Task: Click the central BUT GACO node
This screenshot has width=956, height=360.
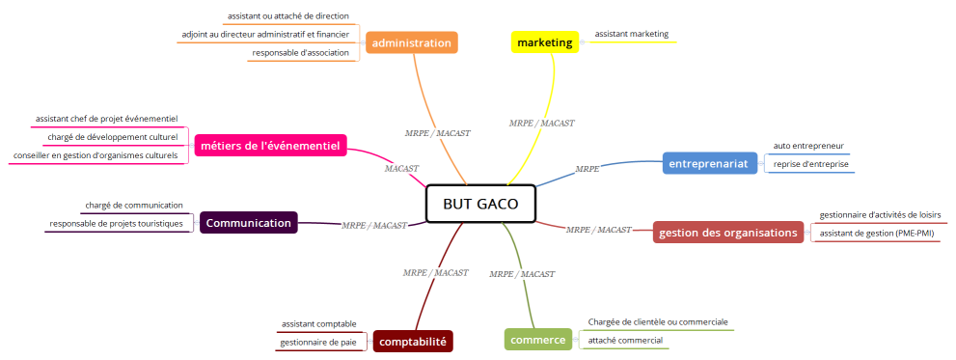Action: (479, 204)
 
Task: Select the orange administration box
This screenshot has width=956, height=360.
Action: (411, 42)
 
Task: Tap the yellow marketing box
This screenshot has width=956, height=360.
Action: (544, 42)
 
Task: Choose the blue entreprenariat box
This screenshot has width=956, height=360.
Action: (709, 163)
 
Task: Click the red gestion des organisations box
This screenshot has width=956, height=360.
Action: (728, 233)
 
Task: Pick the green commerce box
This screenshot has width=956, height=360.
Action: (537, 340)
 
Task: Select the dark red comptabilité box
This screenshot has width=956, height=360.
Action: (413, 341)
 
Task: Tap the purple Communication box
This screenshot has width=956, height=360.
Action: (248, 223)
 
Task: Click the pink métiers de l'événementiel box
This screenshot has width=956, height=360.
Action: (270, 146)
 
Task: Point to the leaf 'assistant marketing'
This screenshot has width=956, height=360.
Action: (631, 34)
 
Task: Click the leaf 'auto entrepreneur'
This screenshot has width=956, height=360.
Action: (808, 146)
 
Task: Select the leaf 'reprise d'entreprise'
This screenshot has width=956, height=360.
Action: (810, 164)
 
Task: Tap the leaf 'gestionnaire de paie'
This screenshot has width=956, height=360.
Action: (318, 342)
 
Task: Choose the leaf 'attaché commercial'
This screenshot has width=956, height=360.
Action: (625, 340)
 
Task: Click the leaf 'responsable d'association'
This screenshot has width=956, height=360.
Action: (300, 52)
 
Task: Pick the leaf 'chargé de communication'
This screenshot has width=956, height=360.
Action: (133, 205)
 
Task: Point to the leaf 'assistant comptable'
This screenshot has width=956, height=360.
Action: (318, 323)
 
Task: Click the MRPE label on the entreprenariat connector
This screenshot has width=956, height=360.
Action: (587, 169)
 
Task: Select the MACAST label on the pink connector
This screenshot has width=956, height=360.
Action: (401, 168)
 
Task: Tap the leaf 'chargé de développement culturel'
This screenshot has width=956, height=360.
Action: (113, 137)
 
